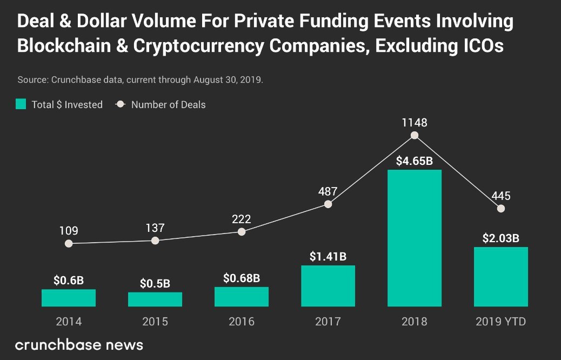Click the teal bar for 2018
415,238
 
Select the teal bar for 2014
69,298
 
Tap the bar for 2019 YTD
501,277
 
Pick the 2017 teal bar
328,286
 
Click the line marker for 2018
415,136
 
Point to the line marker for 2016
242,231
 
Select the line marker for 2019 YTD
501,208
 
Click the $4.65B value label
415,161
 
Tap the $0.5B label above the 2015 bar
155,283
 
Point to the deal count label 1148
415,122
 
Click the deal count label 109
69,231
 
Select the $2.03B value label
501,238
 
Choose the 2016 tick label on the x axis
242,322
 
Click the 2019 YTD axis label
501,322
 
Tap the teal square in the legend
21,104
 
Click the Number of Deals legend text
168,104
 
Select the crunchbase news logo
79,344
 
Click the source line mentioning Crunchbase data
140,79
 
